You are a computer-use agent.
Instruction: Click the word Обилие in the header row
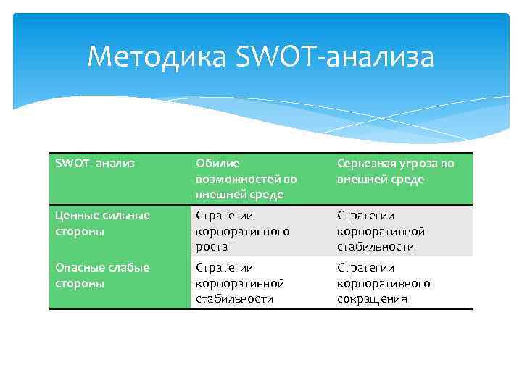(x=217, y=164)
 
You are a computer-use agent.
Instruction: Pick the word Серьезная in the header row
(x=367, y=164)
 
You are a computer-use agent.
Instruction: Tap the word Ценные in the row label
(x=75, y=216)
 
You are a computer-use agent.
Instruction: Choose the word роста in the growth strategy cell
(x=211, y=247)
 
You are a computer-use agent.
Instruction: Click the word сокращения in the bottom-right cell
(x=372, y=298)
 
